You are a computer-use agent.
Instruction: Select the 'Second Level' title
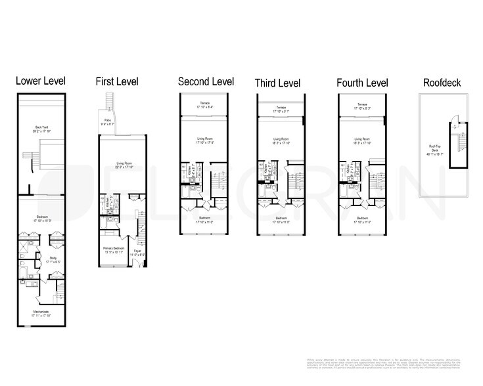[x=205, y=81]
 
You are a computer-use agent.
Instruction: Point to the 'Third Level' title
[x=277, y=83]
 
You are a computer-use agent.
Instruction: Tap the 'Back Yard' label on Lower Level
[x=41, y=128]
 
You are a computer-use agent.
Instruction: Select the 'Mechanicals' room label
[x=41, y=312]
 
